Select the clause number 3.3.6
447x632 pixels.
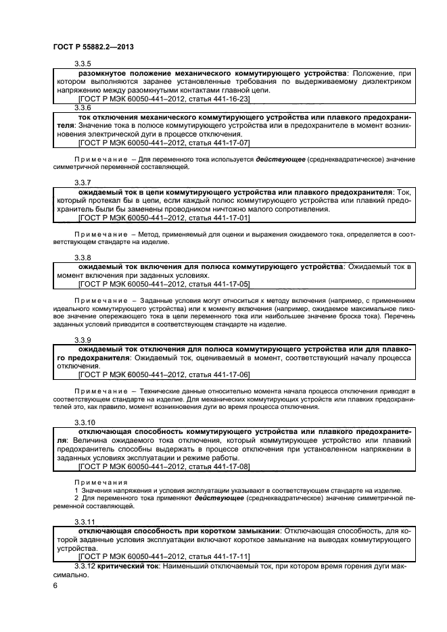pyautogui.click(x=83, y=107)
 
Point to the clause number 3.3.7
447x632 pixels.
pyautogui.click(x=83, y=184)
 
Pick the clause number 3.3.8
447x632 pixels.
pyautogui.click(x=83, y=258)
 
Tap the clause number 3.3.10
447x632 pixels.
pyautogui.click(x=85, y=422)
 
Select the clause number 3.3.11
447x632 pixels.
pyautogui.click(x=85, y=522)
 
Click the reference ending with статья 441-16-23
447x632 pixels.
pyautogui.click(x=164, y=99)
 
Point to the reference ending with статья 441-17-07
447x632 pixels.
pyautogui.click(x=164, y=143)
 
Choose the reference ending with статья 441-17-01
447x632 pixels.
pyautogui.click(x=164, y=218)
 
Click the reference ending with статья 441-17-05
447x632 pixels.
pyautogui.click(x=164, y=284)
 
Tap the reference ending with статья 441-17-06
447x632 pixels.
pyautogui.click(x=164, y=374)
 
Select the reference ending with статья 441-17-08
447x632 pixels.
pyautogui.click(x=164, y=466)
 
